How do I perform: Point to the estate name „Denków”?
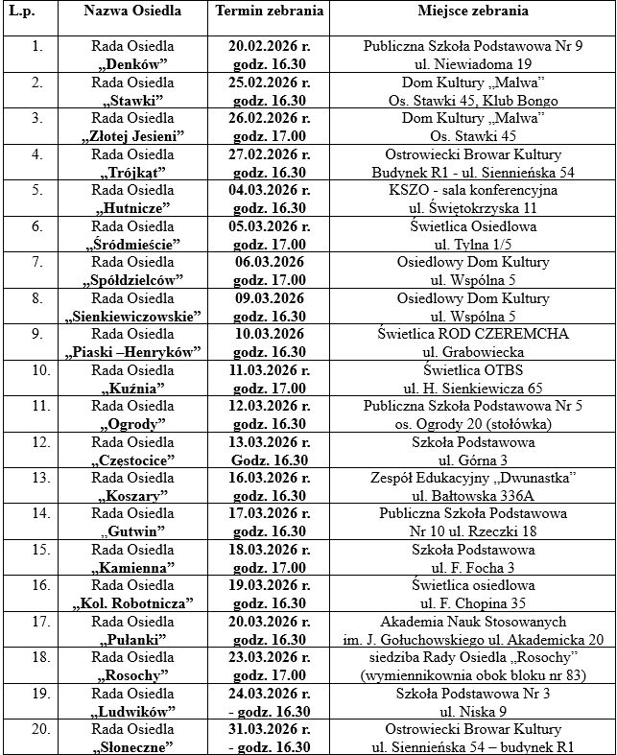(x=132, y=63)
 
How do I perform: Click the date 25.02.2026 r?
(x=270, y=83)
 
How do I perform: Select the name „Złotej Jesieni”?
(x=132, y=136)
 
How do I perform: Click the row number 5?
(x=36, y=190)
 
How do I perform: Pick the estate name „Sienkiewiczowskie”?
(x=132, y=317)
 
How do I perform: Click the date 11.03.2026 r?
(x=270, y=370)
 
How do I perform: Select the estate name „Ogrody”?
(x=132, y=424)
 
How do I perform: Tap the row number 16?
(x=36, y=586)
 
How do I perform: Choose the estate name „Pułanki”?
(x=132, y=640)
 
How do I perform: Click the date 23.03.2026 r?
(x=270, y=658)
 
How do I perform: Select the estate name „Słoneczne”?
(x=132, y=747)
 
